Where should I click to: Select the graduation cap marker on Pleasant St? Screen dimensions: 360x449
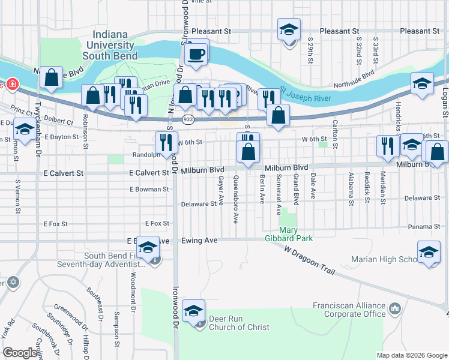point(289,30)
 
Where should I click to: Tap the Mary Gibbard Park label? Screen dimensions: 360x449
point(296,234)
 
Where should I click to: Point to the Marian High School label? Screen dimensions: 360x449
point(384,260)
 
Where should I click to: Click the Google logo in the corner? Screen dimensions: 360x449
point(20,353)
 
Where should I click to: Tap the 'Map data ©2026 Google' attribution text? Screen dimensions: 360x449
point(411,355)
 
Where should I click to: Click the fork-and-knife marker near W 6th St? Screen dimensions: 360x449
point(166,143)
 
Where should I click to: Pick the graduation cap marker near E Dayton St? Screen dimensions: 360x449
point(24,130)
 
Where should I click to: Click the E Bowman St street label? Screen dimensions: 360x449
point(149,189)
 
